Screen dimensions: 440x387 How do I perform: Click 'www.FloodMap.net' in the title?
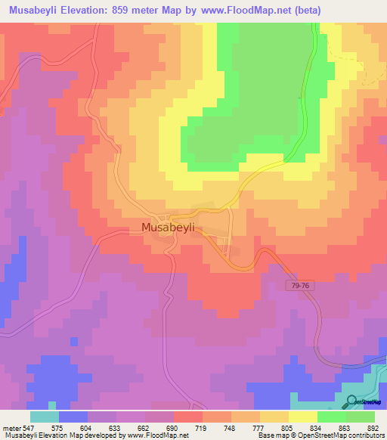coord(249,11)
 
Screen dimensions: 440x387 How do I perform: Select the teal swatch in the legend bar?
coord(44,417)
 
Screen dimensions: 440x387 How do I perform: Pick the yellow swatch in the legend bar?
coord(302,417)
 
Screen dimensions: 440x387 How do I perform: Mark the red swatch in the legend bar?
coord(187,417)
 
